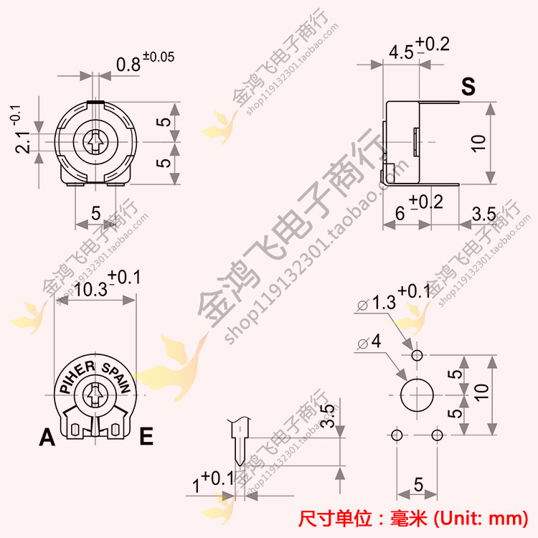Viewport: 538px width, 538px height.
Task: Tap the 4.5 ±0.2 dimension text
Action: click(x=419, y=48)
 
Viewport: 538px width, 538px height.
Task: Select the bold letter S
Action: click(x=468, y=86)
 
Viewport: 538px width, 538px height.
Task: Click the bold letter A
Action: click(x=47, y=437)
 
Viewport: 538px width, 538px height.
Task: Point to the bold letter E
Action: click(x=146, y=436)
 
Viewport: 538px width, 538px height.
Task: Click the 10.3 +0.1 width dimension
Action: click(x=107, y=284)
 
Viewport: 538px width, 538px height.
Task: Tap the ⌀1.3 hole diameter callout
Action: click(x=393, y=298)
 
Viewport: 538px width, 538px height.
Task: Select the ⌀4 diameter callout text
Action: click(x=369, y=341)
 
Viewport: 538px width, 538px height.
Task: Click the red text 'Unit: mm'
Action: click(x=481, y=519)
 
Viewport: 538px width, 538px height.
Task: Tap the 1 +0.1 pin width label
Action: click(x=213, y=481)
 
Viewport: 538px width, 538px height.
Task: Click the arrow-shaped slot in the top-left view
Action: click(x=95, y=142)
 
